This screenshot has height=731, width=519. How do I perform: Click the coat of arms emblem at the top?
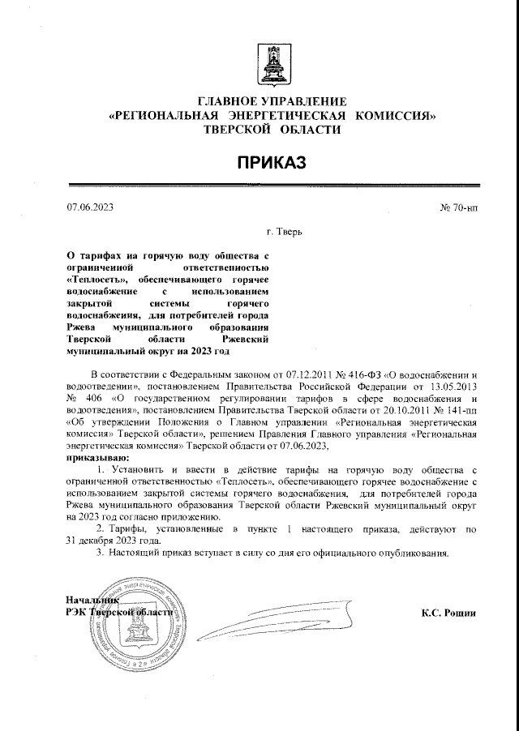(x=270, y=65)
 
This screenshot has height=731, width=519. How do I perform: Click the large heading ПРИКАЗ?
(x=271, y=164)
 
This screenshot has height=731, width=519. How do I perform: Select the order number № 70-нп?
(x=459, y=207)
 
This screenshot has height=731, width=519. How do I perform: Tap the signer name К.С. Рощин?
(x=448, y=613)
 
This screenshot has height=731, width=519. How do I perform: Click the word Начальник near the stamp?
(x=92, y=601)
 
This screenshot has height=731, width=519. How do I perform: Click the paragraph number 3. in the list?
(x=100, y=553)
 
